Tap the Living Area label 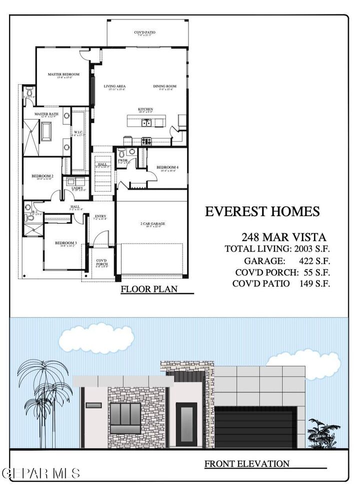114,86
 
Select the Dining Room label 165,86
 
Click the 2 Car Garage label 152,224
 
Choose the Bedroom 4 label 166,167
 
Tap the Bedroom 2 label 42,176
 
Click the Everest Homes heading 262,211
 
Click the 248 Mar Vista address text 283,236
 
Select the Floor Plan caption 145,289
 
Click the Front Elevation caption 247,463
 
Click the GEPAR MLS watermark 40,472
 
